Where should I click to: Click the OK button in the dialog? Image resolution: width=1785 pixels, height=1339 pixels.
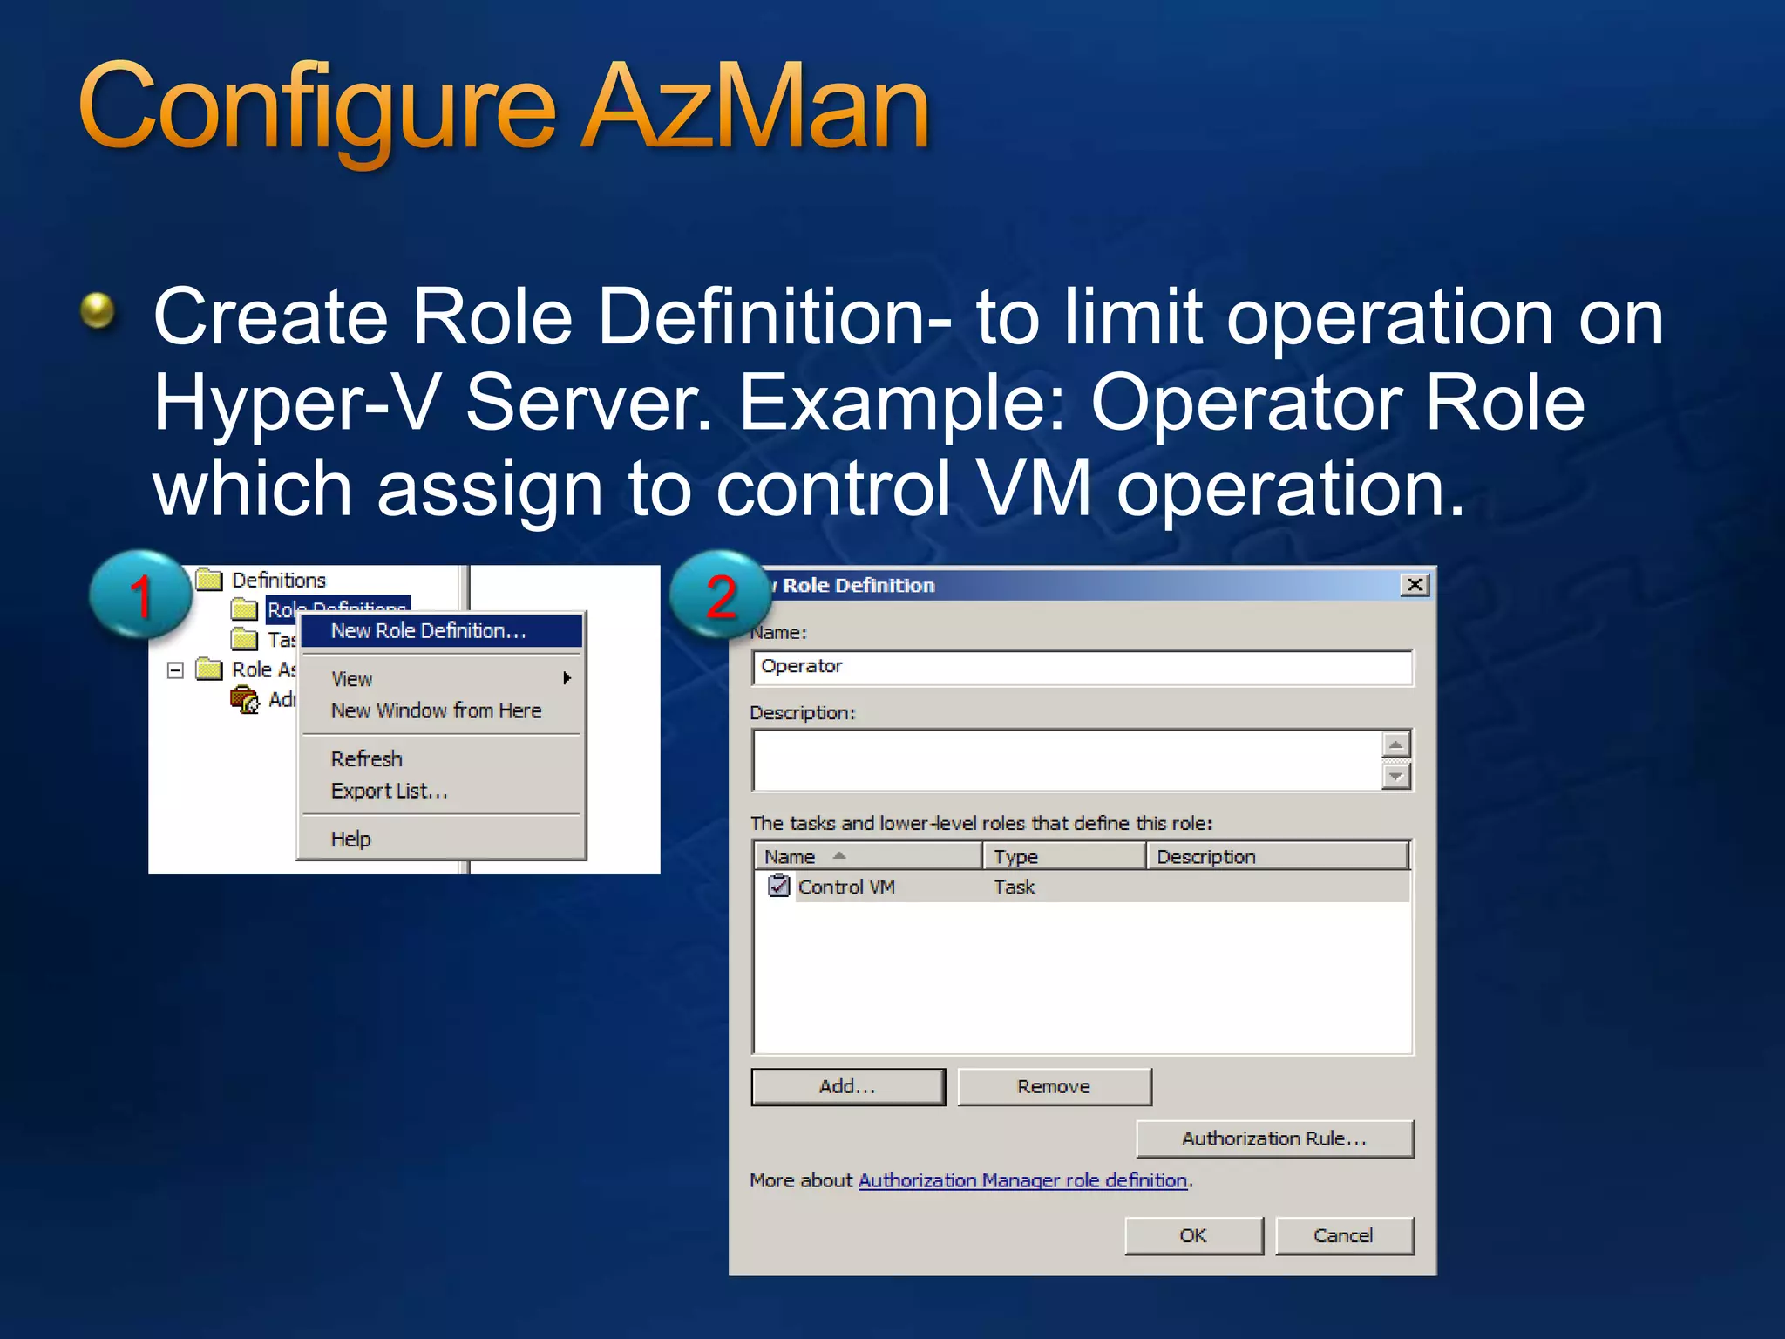(x=1193, y=1235)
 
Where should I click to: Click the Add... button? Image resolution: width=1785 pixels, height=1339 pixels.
(x=847, y=1086)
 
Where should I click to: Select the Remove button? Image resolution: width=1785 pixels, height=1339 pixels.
(x=1054, y=1086)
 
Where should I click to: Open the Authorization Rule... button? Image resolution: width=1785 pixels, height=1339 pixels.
(x=1274, y=1138)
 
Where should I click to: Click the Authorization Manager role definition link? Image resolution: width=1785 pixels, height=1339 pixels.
(x=1023, y=1180)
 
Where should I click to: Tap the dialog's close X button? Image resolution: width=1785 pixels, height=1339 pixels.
(x=1414, y=585)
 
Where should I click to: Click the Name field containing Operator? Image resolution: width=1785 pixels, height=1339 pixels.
(x=1081, y=667)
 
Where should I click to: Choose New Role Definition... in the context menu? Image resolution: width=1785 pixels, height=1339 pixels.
(x=429, y=630)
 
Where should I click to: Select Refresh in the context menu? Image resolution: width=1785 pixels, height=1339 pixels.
(x=367, y=758)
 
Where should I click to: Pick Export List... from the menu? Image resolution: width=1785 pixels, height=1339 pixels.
(x=390, y=791)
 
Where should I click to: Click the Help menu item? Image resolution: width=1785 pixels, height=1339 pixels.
(x=351, y=839)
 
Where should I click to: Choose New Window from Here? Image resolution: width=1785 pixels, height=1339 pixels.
(x=436, y=710)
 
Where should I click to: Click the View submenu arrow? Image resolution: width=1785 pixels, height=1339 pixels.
(x=567, y=678)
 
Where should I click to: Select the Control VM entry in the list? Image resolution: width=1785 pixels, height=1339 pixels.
(x=845, y=887)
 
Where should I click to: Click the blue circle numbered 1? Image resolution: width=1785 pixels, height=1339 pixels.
(x=140, y=595)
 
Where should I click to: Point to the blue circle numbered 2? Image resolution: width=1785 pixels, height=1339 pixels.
(x=720, y=595)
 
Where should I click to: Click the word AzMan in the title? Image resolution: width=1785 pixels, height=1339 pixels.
(x=757, y=109)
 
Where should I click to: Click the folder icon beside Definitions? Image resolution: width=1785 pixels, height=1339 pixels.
(x=209, y=580)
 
